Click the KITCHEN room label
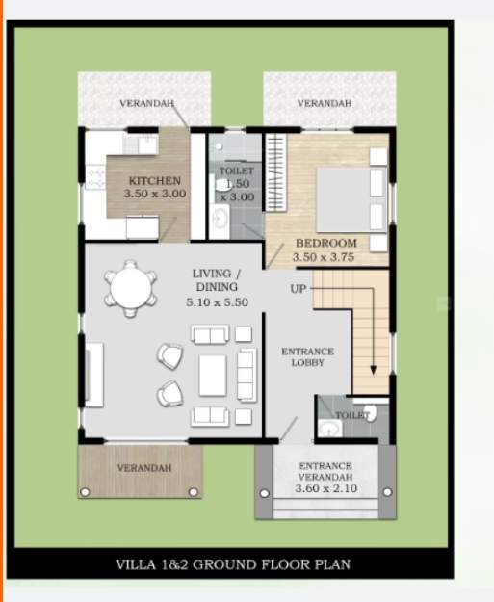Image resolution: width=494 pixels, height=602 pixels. [x=154, y=180]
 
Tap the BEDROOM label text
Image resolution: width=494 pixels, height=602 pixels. [x=325, y=243]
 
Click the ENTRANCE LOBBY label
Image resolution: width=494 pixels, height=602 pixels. [x=307, y=357]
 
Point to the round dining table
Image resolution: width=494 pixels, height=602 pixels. [x=129, y=286]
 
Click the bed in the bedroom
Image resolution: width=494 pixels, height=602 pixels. [x=344, y=195]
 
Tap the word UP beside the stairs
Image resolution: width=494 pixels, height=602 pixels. [x=299, y=288]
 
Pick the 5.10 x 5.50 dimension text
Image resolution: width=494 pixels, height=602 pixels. [x=217, y=302]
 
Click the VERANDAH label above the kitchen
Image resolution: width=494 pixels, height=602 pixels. [x=146, y=103]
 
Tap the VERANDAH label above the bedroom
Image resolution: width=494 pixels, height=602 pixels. [x=324, y=103]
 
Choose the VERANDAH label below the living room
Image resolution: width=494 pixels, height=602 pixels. [x=144, y=468]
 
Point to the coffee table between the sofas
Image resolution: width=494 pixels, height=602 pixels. [x=212, y=376]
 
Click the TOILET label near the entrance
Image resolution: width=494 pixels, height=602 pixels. [x=351, y=415]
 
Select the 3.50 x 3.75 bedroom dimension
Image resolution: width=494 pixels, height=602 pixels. [x=325, y=257]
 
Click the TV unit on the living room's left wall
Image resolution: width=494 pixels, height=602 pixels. [x=94, y=374]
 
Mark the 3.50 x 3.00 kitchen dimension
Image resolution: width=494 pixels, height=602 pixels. [x=154, y=194]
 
